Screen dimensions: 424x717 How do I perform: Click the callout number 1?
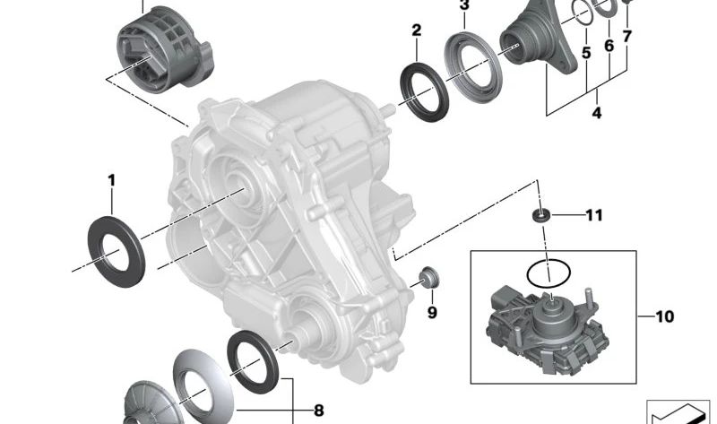pos(111,180)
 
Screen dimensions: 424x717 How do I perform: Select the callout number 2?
pos(416,30)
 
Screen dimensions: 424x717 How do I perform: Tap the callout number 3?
pos(464,6)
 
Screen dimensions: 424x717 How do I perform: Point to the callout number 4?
pos(596,114)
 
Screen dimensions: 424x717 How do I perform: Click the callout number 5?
pos(585,54)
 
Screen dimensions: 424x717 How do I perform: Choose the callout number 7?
pos(627,38)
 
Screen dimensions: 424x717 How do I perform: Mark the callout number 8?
pos(318,411)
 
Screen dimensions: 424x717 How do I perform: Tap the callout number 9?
pos(431,313)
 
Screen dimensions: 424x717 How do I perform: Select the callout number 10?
pos(664,316)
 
